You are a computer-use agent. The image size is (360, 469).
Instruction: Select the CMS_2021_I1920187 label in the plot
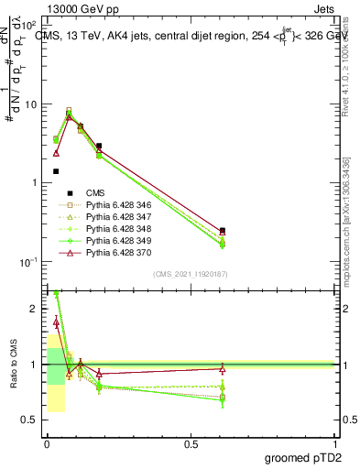(x=191, y=274)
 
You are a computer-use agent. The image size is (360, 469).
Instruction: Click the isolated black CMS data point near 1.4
(x=56, y=171)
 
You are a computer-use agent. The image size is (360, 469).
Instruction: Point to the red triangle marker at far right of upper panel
(x=223, y=233)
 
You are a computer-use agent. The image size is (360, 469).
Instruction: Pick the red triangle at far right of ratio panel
(x=223, y=368)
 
